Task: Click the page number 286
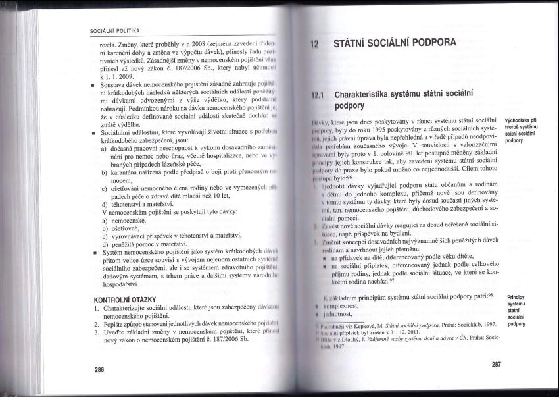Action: pyautogui.click(x=99, y=370)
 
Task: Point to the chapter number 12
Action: pyautogui.click(x=315, y=46)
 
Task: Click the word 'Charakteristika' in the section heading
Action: pyautogui.click(x=370, y=95)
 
